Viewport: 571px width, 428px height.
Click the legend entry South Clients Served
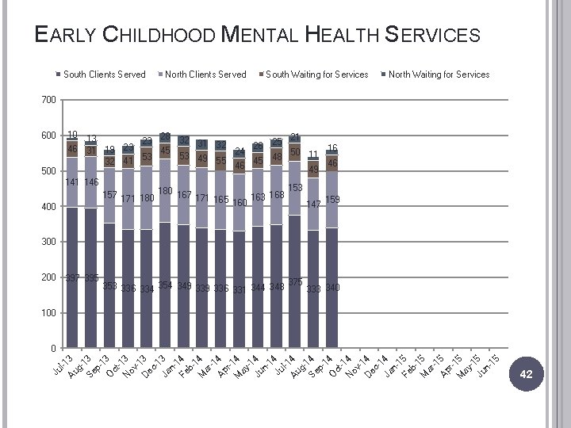point(104,75)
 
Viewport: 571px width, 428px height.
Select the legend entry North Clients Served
point(205,75)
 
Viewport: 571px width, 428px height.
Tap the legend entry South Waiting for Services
point(316,75)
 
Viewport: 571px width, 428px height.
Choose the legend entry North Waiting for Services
point(439,75)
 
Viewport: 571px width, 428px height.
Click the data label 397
point(73,279)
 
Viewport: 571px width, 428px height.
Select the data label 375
point(296,282)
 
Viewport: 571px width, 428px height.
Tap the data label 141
point(73,182)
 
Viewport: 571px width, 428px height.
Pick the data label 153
point(296,188)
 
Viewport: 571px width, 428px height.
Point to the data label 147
point(314,204)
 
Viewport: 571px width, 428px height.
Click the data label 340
point(332,288)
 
